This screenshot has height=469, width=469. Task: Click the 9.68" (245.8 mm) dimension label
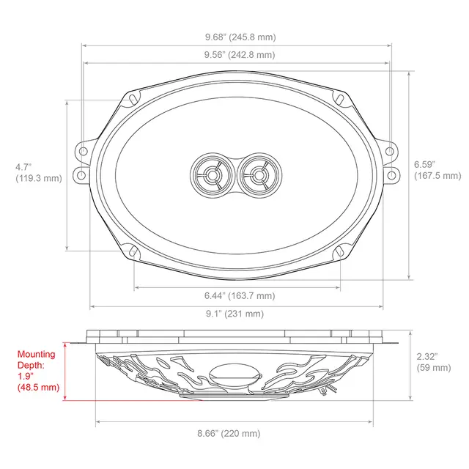click(234, 37)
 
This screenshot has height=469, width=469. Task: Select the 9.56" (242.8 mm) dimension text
click(234, 55)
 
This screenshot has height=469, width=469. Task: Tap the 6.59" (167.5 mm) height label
click(438, 170)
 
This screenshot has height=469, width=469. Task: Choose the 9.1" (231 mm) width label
click(234, 314)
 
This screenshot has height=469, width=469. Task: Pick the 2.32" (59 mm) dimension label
click(433, 362)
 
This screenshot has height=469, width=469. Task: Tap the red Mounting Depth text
click(37, 371)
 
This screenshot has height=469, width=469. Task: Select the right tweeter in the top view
click(256, 175)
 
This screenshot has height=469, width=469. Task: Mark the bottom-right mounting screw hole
click(340, 253)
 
